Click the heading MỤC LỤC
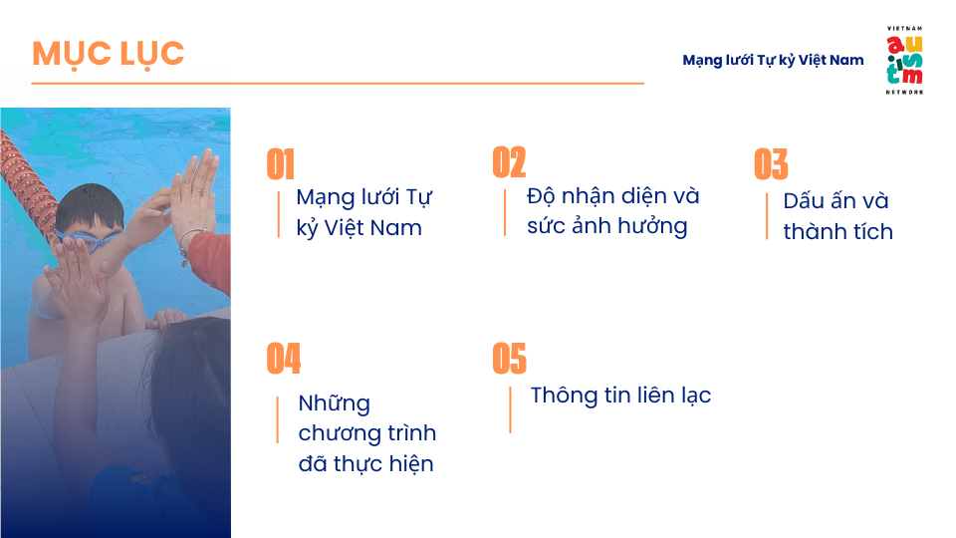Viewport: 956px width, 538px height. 108,54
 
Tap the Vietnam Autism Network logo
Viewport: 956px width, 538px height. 905,61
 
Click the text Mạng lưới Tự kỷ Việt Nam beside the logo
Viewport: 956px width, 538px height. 773,60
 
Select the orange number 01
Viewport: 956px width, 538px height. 281,164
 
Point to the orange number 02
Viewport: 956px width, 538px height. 509,162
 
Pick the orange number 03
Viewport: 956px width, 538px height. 771,164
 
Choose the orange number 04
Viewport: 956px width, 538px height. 284,358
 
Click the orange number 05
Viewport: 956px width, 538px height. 510,358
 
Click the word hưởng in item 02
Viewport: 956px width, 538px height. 652,227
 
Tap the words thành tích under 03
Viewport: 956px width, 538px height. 837,232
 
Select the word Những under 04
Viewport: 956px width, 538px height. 335,403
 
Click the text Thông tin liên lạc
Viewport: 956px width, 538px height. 620,396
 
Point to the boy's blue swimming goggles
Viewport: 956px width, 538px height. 89,240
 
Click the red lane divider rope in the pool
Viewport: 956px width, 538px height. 28,183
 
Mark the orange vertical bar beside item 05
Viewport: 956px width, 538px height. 510,409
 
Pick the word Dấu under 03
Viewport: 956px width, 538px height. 804,200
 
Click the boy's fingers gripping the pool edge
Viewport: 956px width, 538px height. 166,318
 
